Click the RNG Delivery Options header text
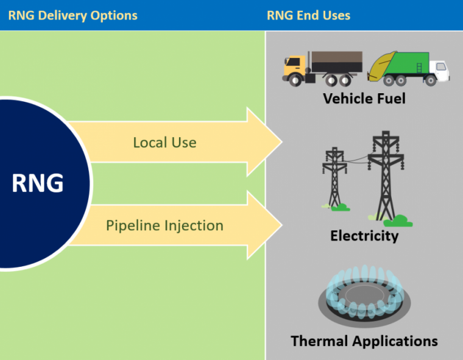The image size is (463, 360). (x=72, y=15)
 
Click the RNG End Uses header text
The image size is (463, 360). (x=308, y=15)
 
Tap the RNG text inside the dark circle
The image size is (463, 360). (x=37, y=183)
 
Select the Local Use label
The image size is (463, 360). (x=164, y=143)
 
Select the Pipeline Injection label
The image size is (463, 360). (x=164, y=225)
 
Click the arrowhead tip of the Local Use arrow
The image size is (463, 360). (x=281, y=143)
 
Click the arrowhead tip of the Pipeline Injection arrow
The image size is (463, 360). (x=281, y=225)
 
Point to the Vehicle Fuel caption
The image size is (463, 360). (x=364, y=98)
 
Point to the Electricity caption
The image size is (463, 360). (x=364, y=235)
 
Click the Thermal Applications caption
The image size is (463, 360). (x=364, y=341)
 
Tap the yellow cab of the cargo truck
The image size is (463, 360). (x=294, y=66)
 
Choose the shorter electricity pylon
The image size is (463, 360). (x=334, y=177)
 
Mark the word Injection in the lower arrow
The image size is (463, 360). (x=193, y=225)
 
